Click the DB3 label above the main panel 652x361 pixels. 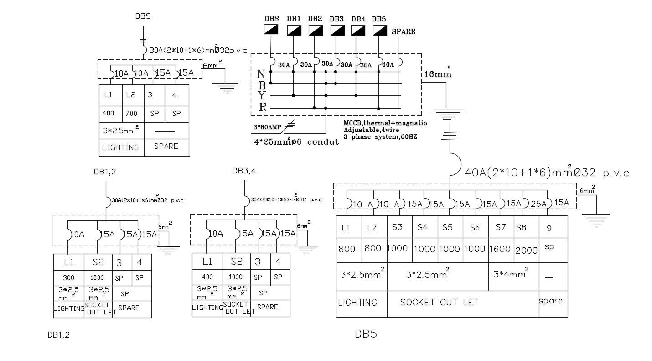[x=336, y=19]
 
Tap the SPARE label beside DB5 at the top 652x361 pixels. [x=404, y=31]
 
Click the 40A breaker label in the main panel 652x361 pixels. [x=388, y=65]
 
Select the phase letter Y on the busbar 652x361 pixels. [x=262, y=96]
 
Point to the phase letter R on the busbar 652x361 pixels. [x=263, y=108]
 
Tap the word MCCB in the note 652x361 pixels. [x=354, y=123]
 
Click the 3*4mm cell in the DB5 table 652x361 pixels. [x=511, y=275]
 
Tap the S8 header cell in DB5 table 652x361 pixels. [x=521, y=227]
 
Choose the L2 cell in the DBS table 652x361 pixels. [x=131, y=95]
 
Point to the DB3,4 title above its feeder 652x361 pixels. [x=244, y=171]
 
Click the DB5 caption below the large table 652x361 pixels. [x=366, y=335]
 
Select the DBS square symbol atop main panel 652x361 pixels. [x=272, y=30]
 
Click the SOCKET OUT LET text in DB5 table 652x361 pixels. [x=439, y=302]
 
